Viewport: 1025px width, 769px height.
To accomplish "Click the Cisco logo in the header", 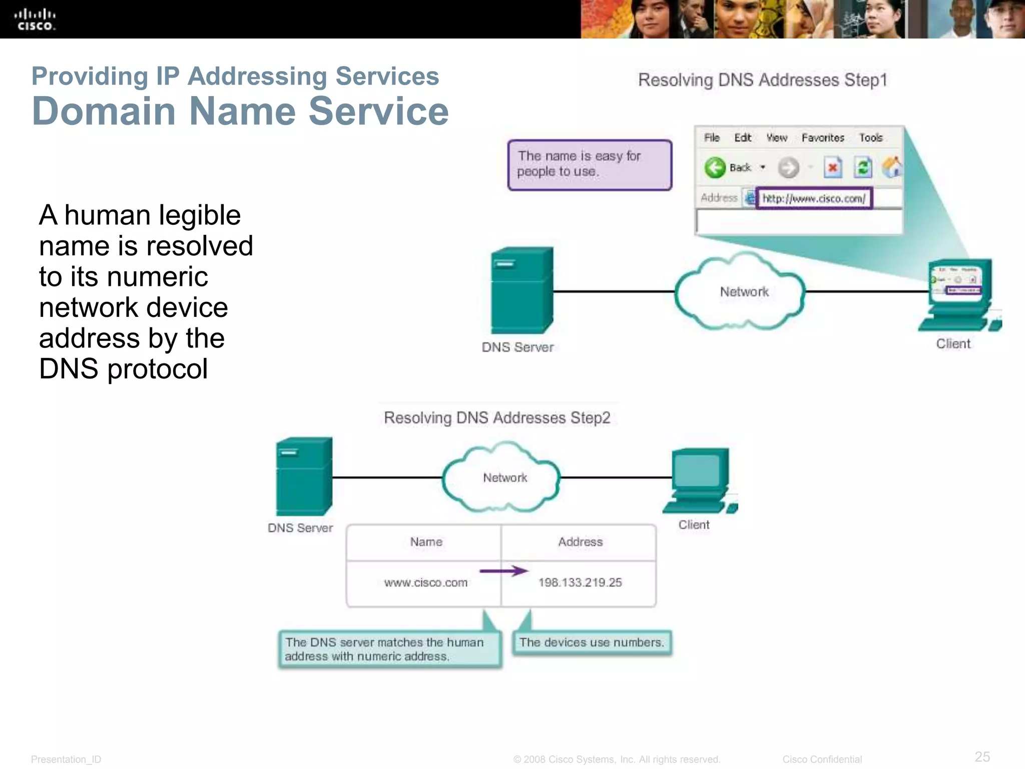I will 35,20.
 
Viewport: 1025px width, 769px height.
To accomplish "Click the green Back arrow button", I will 715,168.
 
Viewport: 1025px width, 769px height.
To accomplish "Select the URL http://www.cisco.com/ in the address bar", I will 814,199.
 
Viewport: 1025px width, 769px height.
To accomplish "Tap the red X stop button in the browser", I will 833,168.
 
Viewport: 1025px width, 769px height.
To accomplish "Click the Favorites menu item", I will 822,138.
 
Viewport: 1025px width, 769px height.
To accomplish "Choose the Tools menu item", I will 870,138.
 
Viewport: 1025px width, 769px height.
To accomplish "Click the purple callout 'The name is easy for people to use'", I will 590,165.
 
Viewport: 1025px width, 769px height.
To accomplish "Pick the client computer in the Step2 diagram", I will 699,481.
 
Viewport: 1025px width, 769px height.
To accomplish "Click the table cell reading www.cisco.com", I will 425,583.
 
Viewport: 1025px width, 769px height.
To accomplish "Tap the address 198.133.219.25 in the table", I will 580,583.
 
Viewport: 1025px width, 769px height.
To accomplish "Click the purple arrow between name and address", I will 503,571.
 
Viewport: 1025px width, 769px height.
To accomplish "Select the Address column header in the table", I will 580,542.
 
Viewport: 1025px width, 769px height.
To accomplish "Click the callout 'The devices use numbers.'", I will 592,642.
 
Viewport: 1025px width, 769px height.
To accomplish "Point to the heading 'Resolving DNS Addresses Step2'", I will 497,418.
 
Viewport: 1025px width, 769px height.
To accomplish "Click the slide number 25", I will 982,756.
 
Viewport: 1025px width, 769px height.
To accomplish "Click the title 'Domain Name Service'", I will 240,111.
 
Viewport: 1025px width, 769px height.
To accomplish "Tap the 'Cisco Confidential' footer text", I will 822,759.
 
